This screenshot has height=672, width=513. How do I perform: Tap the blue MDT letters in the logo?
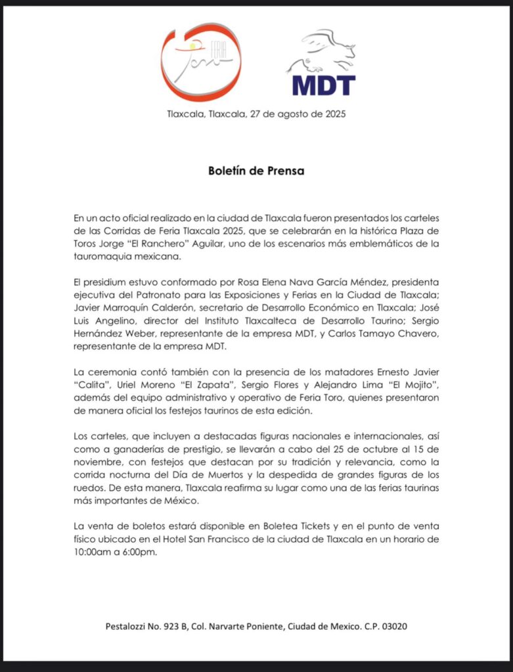pos(323,85)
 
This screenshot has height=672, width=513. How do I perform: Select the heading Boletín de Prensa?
pos(256,171)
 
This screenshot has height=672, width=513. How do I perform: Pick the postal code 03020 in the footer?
pos(393,626)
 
